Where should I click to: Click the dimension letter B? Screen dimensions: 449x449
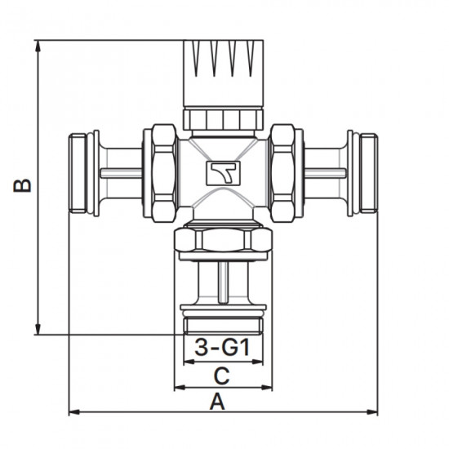click(x=22, y=185)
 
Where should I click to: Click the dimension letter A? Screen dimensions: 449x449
click(x=218, y=402)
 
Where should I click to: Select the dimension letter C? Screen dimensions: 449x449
click(x=221, y=376)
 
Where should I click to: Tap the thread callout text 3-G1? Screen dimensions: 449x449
click(x=223, y=347)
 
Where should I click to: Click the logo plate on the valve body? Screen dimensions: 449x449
click(x=224, y=173)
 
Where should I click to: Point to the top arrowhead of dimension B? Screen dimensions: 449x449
click(x=38, y=46)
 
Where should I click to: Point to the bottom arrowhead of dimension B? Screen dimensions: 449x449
click(x=38, y=329)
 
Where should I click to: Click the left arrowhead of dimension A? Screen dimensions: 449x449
click(x=74, y=412)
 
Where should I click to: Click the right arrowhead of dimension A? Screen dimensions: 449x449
click(x=372, y=412)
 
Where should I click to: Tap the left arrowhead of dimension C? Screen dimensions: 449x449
click(x=180, y=388)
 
